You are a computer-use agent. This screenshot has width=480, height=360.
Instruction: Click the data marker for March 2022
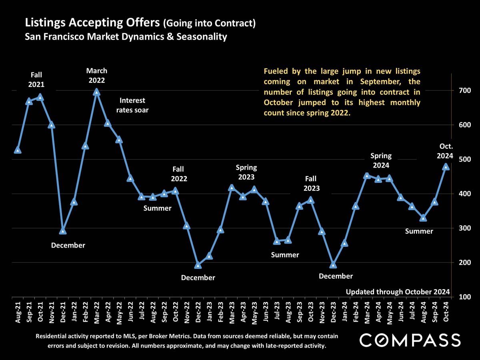coord(96,92)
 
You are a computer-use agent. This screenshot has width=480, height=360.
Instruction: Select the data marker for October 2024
coord(446,167)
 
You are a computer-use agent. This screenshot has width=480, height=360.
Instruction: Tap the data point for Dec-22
coord(198,266)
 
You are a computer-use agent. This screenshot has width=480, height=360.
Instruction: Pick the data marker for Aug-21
coord(18,150)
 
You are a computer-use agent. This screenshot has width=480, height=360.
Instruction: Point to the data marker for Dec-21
coord(63,231)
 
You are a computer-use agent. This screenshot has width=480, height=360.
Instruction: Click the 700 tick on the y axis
coord(458,90)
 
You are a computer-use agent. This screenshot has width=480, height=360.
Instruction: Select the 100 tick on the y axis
coord(458,297)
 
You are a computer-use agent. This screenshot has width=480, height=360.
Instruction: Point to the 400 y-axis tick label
coord(458,194)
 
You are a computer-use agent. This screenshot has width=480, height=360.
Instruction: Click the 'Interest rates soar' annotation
coord(132,105)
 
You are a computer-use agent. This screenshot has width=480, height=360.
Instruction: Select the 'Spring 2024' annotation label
coord(381,160)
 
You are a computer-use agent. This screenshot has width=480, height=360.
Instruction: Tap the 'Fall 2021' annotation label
coord(36,80)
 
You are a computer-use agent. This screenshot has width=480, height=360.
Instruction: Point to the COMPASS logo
coord(410,340)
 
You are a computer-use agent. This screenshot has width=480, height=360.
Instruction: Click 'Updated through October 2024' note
coord(398,292)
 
